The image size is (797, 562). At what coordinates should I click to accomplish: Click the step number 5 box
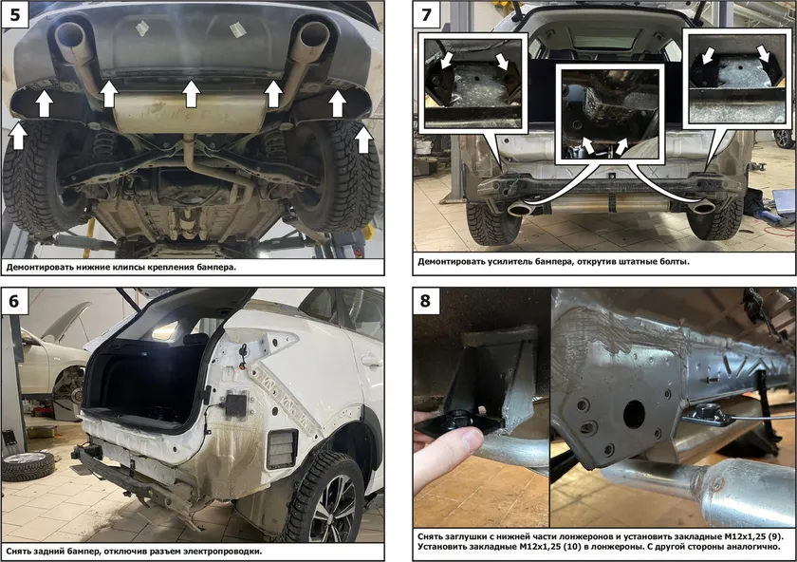click(x=14, y=14)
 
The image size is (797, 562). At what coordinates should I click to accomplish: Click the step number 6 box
click(x=14, y=301)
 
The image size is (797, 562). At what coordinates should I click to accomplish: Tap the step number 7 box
click(x=426, y=14)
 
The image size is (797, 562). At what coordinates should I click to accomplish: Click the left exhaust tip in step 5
click(x=70, y=34)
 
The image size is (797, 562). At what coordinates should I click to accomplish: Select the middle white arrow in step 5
click(x=191, y=95)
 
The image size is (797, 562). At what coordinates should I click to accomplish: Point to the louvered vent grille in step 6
click(x=282, y=448)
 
